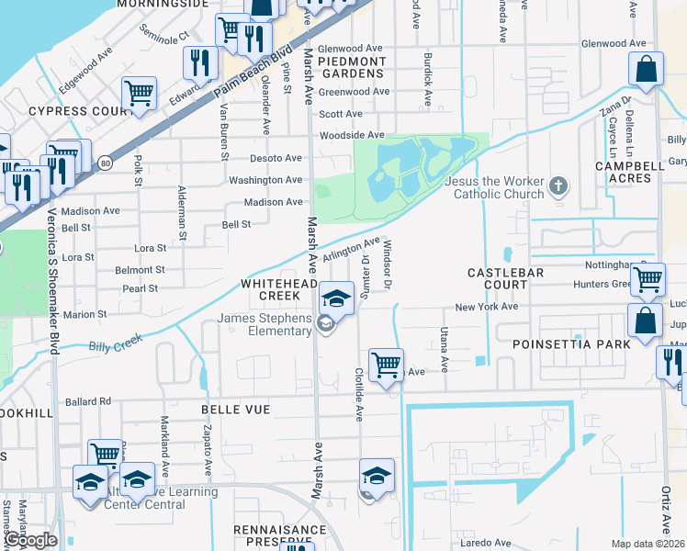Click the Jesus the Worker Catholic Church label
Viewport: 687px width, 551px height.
pos(493,187)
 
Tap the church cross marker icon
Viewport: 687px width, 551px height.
pos(557,187)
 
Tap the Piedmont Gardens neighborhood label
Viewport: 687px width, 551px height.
pos(352,67)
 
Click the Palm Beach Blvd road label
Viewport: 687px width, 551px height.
pos(253,73)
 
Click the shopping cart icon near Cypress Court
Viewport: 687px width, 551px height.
pos(139,93)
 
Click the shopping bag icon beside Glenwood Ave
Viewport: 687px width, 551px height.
pos(647,70)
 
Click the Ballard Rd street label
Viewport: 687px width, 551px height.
pos(88,401)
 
